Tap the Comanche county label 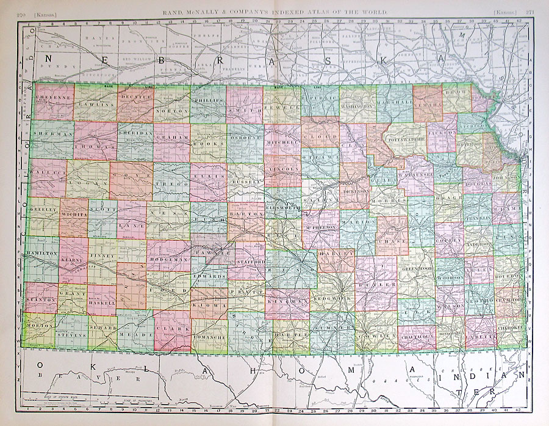tap(209, 337)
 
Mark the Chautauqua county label tap(417, 335)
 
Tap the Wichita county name tap(74, 215)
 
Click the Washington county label tap(357, 105)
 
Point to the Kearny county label tap(73, 261)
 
